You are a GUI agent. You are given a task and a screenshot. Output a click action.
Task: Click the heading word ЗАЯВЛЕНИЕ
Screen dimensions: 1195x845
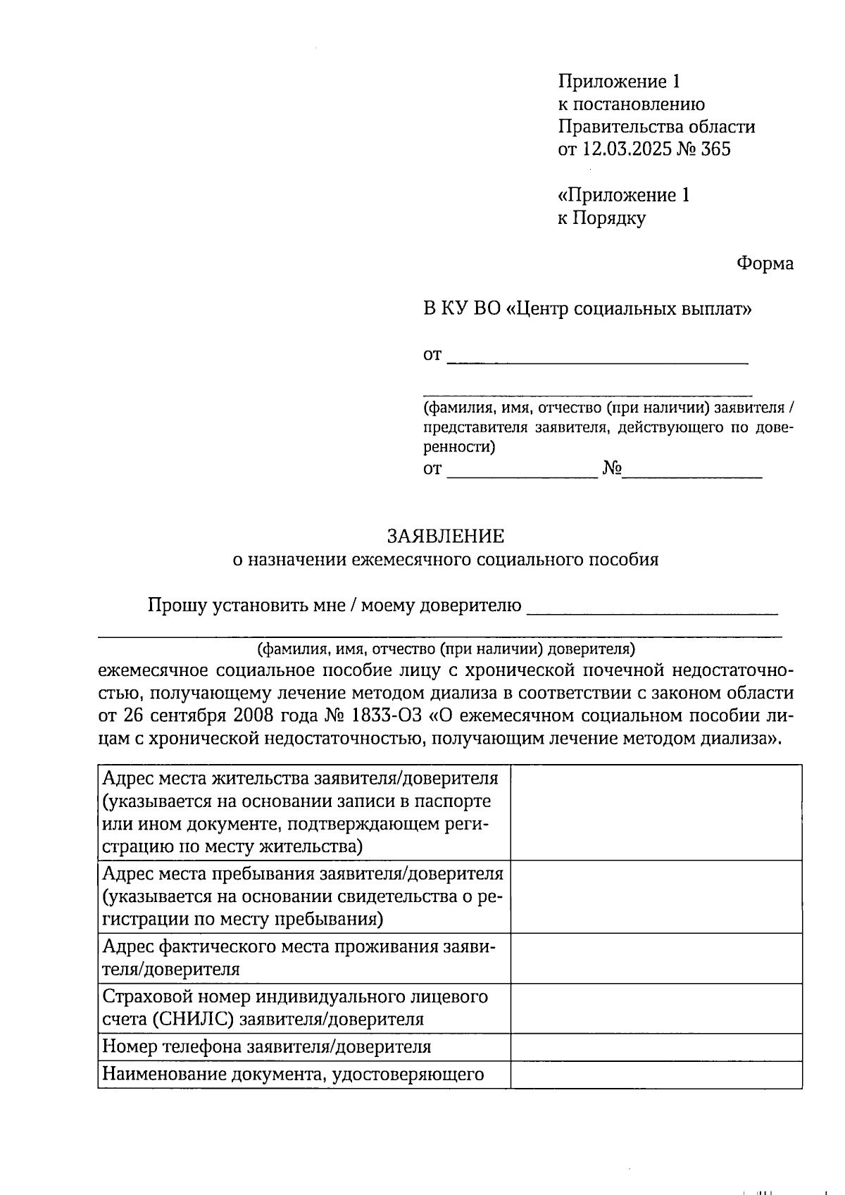(445, 537)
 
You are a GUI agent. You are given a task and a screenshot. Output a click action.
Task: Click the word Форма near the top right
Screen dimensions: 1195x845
(765, 263)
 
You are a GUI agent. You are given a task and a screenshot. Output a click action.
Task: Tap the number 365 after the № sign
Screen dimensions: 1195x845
(715, 149)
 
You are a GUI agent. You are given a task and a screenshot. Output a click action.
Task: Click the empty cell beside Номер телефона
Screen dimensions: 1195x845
(656, 1047)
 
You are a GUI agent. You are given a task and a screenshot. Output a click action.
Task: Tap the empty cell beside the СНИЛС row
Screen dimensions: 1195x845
(656, 1008)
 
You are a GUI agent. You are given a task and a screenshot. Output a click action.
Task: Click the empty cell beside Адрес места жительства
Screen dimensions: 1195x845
(656, 813)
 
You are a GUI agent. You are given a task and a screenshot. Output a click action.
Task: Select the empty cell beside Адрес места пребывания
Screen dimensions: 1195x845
(656, 896)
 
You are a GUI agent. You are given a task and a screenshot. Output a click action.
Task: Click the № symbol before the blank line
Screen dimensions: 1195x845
(611, 469)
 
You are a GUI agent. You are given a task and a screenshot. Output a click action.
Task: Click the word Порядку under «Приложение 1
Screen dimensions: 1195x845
(609, 218)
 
